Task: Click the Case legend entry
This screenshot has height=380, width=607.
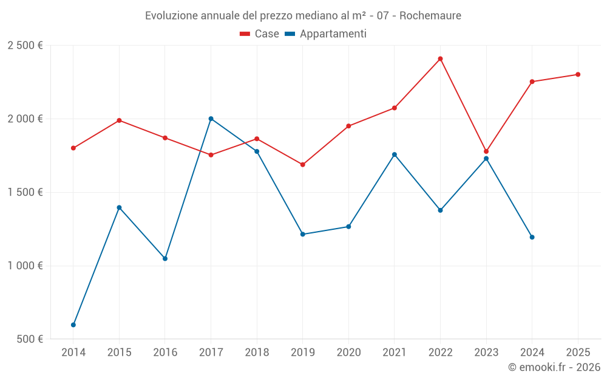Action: (x=260, y=34)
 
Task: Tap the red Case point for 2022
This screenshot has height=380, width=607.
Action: (x=441, y=59)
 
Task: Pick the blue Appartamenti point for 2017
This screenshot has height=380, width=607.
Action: (x=211, y=119)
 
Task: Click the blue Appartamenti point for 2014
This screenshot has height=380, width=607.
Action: (x=73, y=325)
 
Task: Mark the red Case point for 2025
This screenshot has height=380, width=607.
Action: (x=578, y=75)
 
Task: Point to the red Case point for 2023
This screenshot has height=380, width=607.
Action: (x=486, y=151)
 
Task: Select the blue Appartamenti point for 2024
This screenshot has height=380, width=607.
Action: (x=532, y=237)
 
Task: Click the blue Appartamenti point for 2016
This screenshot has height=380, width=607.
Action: (x=165, y=258)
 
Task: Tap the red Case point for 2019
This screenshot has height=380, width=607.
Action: (x=303, y=165)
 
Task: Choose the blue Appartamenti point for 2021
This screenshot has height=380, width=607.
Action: (x=395, y=154)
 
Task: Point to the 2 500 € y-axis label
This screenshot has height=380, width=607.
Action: (x=25, y=46)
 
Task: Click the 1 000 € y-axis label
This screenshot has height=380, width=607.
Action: (x=25, y=266)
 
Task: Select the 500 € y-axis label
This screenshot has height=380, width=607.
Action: (x=29, y=339)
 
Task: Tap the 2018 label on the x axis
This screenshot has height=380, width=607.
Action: (x=257, y=352)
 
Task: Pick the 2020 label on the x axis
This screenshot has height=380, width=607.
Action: (x=348, y=352)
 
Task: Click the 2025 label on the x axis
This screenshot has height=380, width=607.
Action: (x=578, y=352)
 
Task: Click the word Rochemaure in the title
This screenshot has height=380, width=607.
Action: (x=430, y=15)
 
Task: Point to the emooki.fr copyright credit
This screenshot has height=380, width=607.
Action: (x=554, y=367)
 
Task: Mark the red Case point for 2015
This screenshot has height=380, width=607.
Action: (x=119, y=120)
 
